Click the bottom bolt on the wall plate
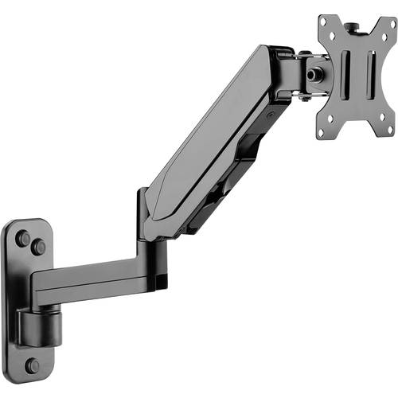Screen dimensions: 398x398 click(32, 365)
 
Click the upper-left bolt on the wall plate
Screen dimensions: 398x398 click(22, 237)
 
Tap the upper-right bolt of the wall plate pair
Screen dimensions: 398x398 click(38, 247)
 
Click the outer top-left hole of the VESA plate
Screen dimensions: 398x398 click(323, 21)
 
